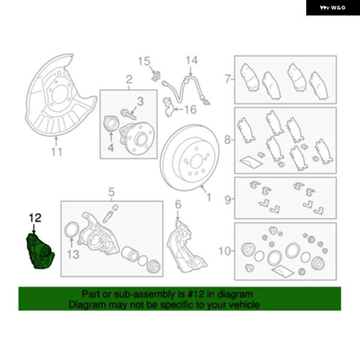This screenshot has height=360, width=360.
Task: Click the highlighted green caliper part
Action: click(x=40, y=251)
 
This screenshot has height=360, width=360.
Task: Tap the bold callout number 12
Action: click(x=35, y=218)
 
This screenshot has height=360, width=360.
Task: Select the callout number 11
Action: click(x=56, y=152)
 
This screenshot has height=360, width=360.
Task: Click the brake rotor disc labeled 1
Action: click(x=190, y=157)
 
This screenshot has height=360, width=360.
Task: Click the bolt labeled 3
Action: click(x=128, y=114)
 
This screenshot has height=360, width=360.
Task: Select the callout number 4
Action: click(x=111, y=148)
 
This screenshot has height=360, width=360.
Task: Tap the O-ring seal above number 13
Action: click(x=72, y=230)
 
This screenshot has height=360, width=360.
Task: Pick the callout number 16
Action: click(x=190, y=110)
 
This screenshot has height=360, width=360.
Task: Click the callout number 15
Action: click(x=144, y=61)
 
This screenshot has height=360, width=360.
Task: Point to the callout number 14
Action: click(x=191, y=61)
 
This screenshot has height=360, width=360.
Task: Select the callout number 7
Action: click(x=227, y=79)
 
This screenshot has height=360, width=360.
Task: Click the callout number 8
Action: click(x=227, y=139)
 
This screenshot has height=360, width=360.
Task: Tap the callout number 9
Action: click(x=227, y=200)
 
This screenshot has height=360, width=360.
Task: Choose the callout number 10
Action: click(x=224, y=251)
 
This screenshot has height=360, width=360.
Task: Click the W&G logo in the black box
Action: click(x=332, y=8)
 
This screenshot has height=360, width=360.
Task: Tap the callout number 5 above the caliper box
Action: click(x=112, y=192)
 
